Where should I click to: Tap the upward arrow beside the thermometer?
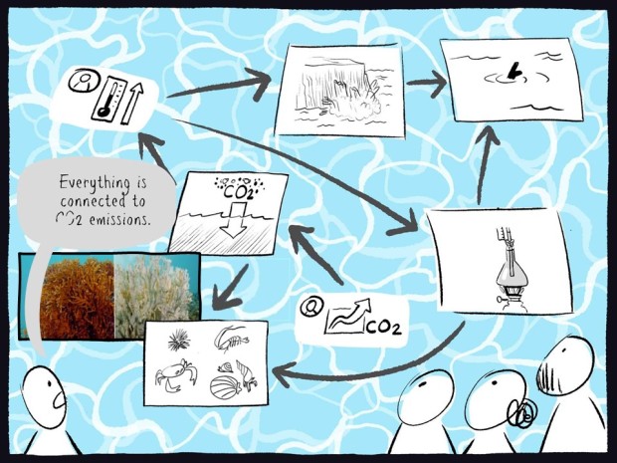pyautogui.click(x=132, y=104)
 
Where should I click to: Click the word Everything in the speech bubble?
pyautogui.click(x=95, y=183)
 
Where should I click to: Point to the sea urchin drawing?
pyautogui.click(x=179, y=341)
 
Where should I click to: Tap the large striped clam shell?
pyautogui.click(x=226, y=387)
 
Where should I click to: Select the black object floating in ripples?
pyautogui.click(x=514, y=71)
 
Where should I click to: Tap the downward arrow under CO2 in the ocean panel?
pyautogui.click(x=234, y=219)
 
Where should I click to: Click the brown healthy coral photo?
pyautogui.click(x=77, y=298)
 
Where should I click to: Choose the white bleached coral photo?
pyautogui.click(x=156, y=296)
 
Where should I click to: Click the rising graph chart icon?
pyautogui.click(x=347, y=317)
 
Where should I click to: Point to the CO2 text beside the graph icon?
pyautogui.click(x=384, y=327)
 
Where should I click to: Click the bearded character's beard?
pyautogui.click(x=550, y=376)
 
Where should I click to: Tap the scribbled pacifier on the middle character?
pyautogui.click(x=522, y=413)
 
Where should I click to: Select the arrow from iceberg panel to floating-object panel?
pyautogui.click(x=427, y=83)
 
